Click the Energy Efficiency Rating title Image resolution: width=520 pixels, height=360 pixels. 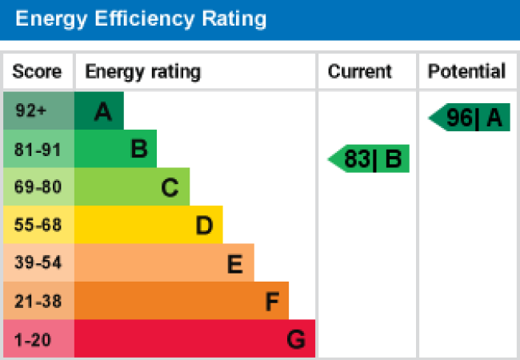(141, 19)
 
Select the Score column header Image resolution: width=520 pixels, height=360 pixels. (37, 71)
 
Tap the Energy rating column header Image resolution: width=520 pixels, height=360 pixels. (142, 71)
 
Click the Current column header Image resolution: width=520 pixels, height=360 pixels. (360, 71)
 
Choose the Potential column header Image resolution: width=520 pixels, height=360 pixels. (466, 71)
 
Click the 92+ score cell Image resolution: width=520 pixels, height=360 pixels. (32, 111)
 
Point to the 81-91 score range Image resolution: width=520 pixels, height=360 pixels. (38, 150)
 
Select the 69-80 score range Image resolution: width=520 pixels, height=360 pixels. (38, 187)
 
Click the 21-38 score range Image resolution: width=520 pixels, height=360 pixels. (38, 302)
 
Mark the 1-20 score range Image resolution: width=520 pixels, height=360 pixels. (33, 339)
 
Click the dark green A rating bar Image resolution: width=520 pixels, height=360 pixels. (99, 111)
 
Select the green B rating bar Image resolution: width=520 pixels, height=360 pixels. (116, 150)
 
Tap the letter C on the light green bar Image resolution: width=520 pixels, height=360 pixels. (169, 188)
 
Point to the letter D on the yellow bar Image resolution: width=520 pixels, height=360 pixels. (204, 226)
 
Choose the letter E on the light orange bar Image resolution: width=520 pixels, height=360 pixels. (234, 264)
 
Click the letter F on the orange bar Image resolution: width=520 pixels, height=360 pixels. (272, 302)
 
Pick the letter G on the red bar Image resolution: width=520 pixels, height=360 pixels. (296, 340)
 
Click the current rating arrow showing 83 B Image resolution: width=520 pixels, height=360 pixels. (370, 159)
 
